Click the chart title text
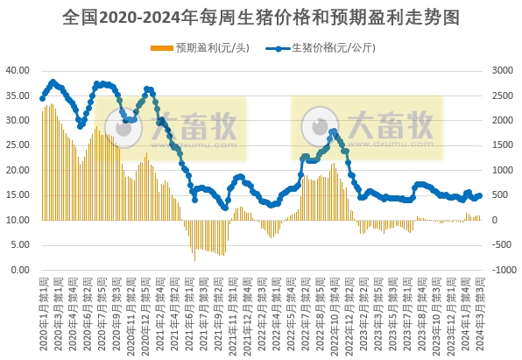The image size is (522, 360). click(261, 17)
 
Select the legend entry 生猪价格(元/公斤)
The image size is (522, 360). click(333, 48)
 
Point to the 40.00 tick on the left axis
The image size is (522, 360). click(18, 69)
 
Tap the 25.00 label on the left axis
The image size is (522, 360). click(18, 145)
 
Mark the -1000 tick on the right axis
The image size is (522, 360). click(501, 271)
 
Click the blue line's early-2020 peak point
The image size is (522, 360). click(53, 81)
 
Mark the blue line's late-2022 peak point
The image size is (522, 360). click(333, 131)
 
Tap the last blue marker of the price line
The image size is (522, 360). click(480, 195)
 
